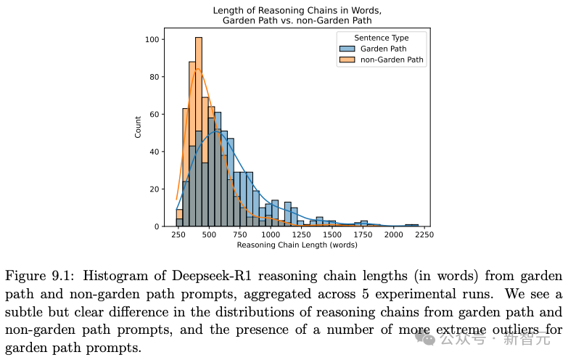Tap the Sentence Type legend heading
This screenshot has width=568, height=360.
[x=381, y=38]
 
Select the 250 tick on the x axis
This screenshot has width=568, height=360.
[x=178, y=235]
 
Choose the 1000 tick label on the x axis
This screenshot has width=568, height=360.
[x=271, y=235]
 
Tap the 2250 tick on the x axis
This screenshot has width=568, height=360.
[x=424, y=235]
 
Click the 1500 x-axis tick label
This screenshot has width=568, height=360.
[x=332, y=235]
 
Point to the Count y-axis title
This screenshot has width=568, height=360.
[x=139, y=127]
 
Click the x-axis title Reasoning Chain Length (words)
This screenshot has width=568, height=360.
[x=297, y=245]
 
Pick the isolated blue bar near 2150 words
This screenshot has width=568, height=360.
[x=411, y=225]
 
